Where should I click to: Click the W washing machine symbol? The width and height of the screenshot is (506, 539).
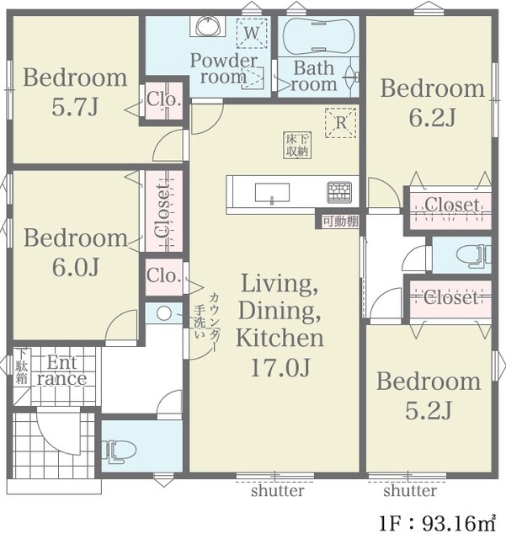click(x=252, y=34)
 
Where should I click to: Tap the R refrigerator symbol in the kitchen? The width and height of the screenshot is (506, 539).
click(x=340, y=123)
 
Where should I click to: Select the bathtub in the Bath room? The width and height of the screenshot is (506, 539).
click(x=318, y=35)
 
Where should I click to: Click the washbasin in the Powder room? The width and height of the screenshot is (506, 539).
click(x=207, y=26)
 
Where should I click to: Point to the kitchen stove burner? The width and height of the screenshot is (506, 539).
click(x=339, y=192)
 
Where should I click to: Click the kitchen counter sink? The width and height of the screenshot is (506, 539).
click(x=272, y=192)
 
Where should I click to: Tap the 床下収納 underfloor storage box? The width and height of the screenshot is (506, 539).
click(x=297, y=145)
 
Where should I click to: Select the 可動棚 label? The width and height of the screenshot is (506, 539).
click(x=341, y=221)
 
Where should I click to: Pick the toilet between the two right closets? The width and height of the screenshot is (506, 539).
click(x=474, y=255)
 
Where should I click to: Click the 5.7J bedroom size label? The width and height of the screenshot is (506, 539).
click(x=75, y=107)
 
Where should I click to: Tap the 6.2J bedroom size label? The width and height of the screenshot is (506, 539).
click(x=433, y=118)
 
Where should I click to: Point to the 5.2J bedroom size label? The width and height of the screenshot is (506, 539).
click(x=429, y=411)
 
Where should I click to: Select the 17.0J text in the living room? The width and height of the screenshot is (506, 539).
click(x=280, y=367)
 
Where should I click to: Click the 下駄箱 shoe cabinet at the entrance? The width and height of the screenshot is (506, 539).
click(x=22, y=366)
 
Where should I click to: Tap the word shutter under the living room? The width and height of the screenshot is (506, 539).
click(x=277, y=490)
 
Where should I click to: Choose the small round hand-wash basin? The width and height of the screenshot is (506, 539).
click(x=163, y=312)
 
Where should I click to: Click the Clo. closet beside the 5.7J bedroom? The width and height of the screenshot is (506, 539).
click(x=163, y=101)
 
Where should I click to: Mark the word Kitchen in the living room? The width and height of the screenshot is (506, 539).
click(x=280, y=339)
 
